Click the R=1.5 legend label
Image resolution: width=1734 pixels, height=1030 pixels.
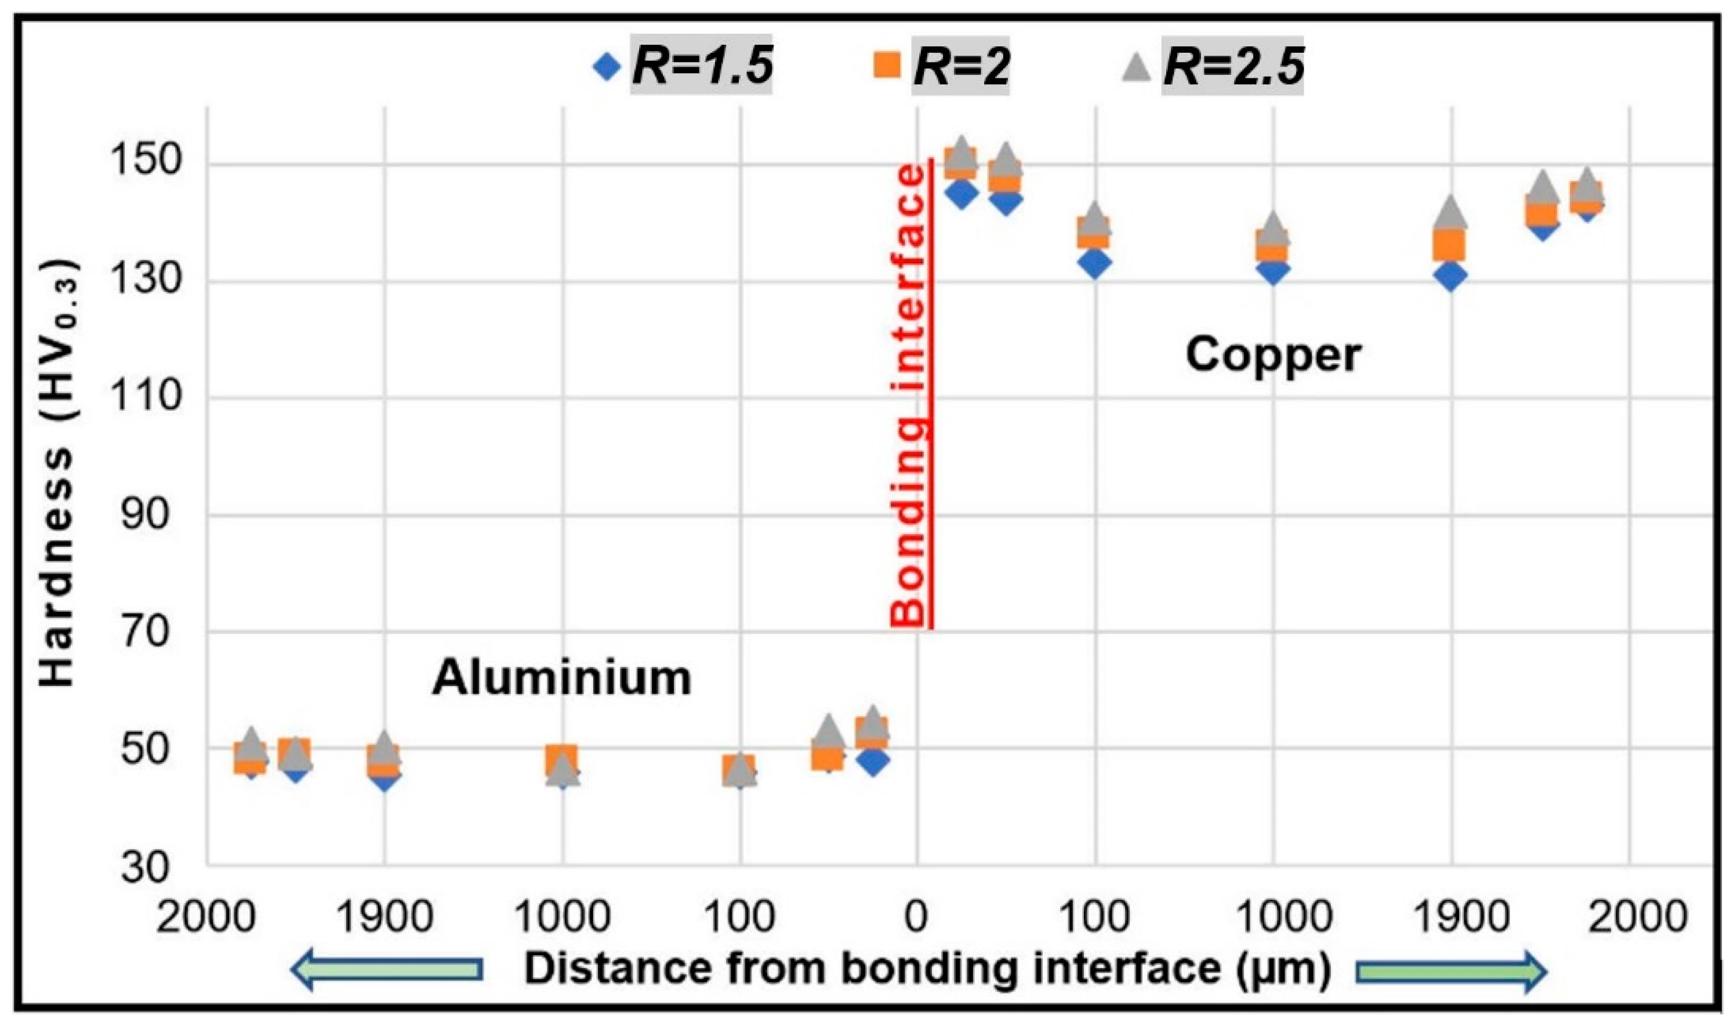click(702, 67)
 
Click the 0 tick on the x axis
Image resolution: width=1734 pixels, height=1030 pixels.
click(917, 917)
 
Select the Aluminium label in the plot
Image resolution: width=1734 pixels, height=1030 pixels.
click(562, 678)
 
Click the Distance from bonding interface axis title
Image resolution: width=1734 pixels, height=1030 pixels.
click(927, 969)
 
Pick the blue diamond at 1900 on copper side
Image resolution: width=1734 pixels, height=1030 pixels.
click(1450, 276)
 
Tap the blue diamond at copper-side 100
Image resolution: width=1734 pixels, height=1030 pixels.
click(1095, 263)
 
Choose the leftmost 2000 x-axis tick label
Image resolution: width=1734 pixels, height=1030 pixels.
click(205, 917)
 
